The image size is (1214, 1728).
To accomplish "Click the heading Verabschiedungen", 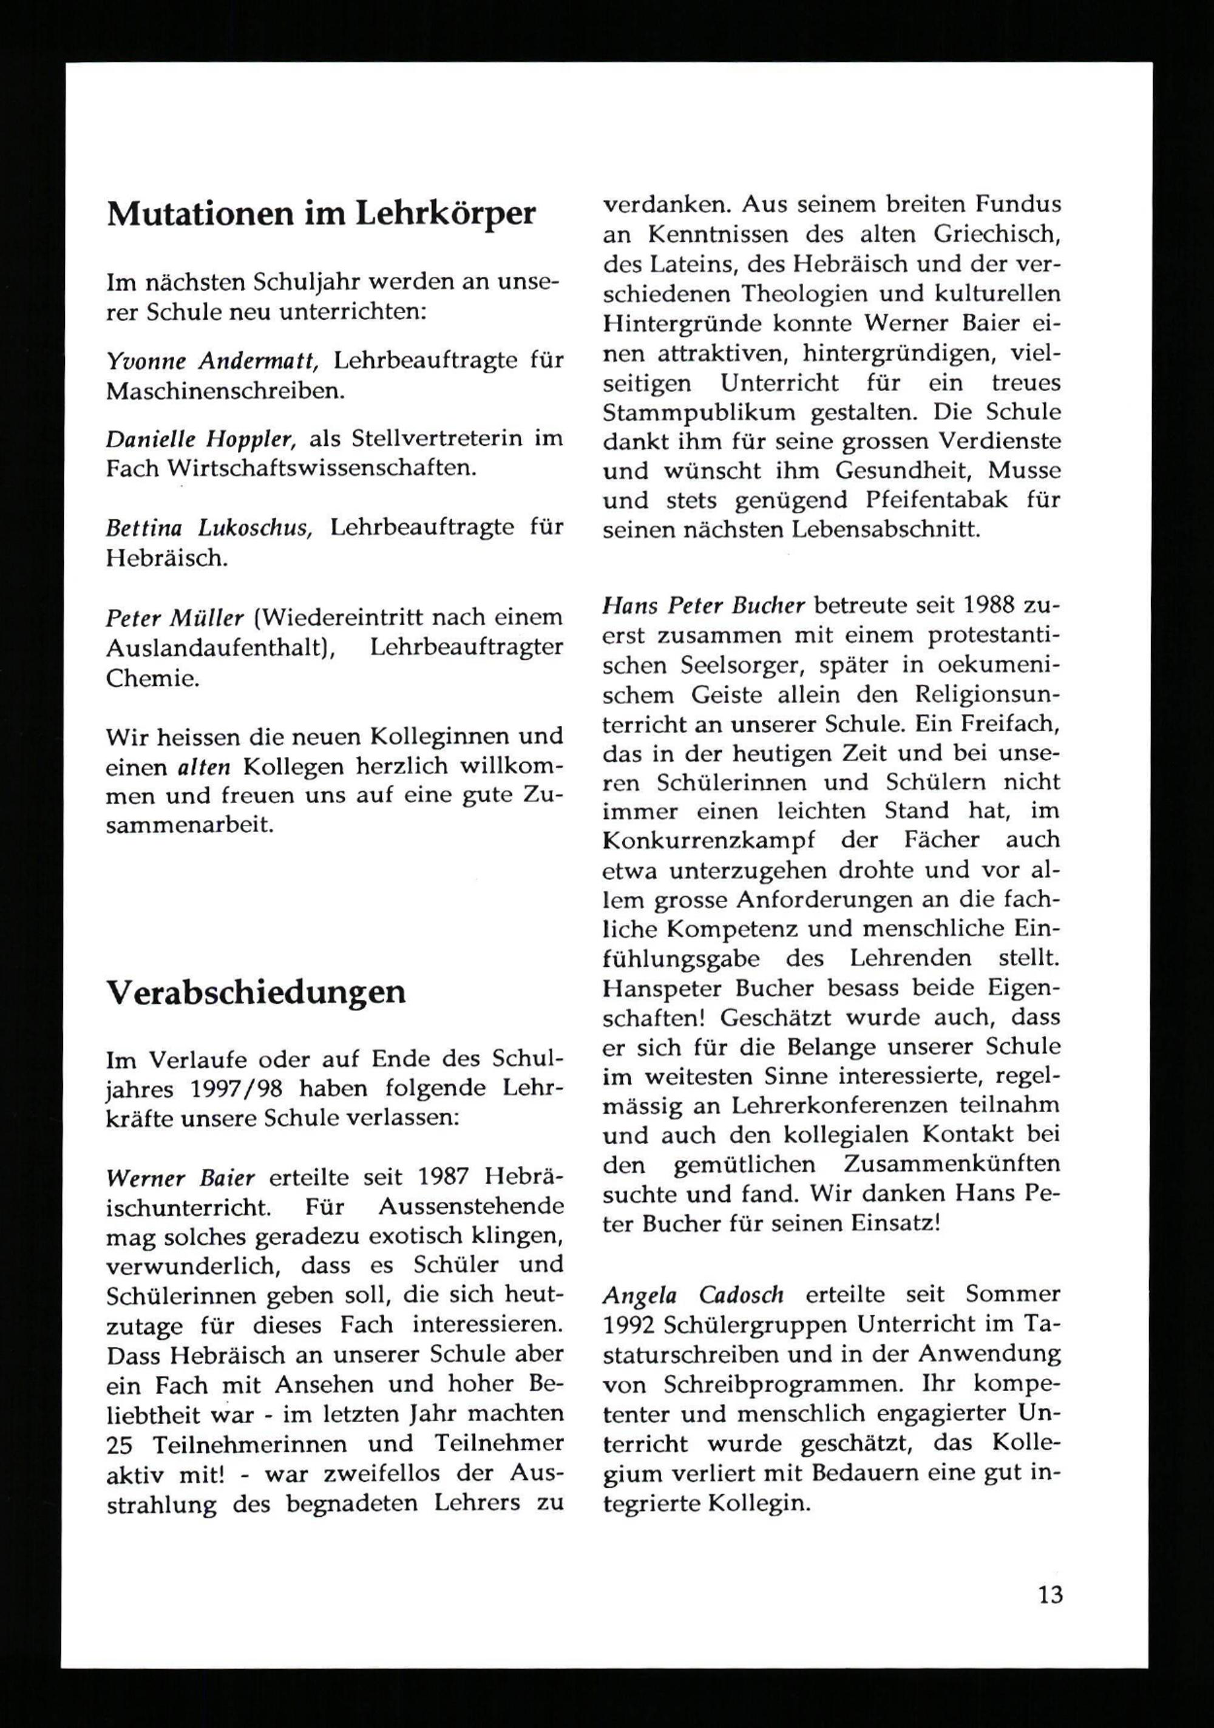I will (x=256, y=992).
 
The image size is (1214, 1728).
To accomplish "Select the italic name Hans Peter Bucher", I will (x=704, y=605).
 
